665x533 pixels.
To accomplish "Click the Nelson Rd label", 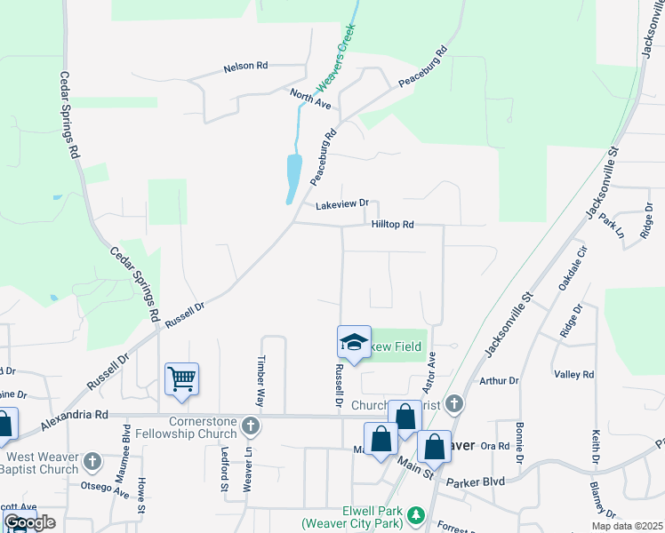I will [245, 66].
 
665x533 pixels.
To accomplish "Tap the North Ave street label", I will [310, 99].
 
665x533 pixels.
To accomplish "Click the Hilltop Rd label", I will [393, 225].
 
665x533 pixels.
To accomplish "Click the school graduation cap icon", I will [353, 342].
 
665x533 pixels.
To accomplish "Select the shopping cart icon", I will [181, 378].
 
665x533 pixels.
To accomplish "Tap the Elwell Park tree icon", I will [415, 514].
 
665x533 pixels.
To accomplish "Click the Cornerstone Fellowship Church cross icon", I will [251, 426].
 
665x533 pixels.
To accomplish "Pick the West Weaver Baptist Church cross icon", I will [93, 462].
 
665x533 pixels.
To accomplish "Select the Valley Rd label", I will [573, 375].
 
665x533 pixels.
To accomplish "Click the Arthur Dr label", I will [499, 380].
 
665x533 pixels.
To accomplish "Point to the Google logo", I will [29, 522].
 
